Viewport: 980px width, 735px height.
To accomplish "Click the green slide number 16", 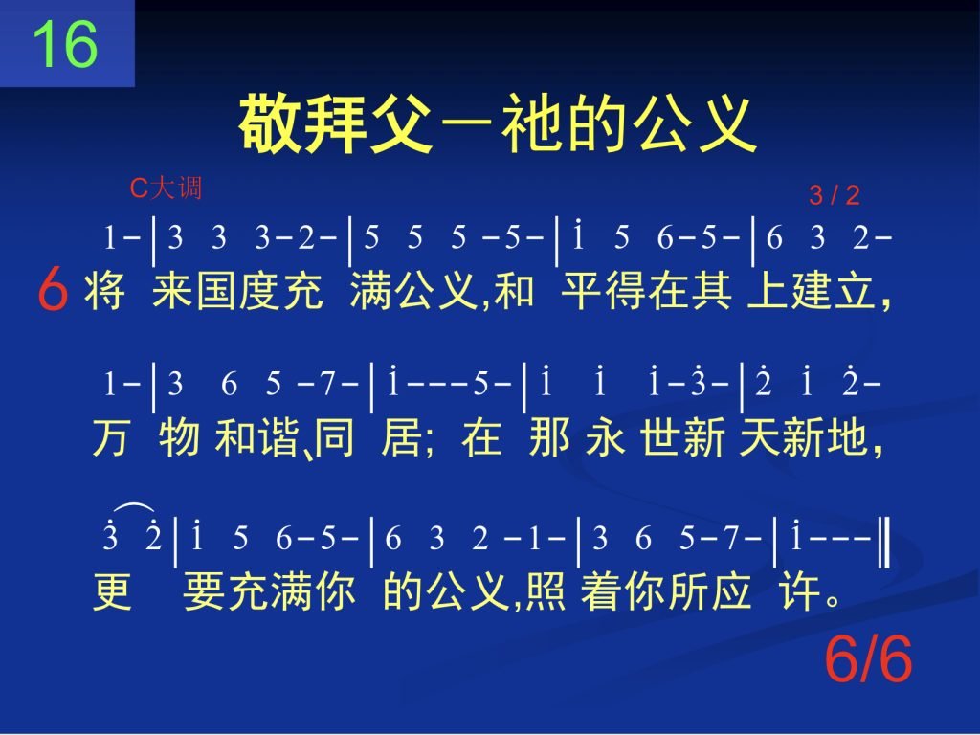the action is point(65,44).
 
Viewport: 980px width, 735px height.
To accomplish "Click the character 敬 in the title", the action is point(271,123).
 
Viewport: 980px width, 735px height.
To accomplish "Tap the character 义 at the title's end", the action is point(725,123).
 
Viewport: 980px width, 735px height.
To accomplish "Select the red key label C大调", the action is point(166,188).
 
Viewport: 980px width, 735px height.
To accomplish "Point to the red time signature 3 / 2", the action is point(835,195).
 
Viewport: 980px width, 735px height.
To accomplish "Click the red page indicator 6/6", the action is point(868,658).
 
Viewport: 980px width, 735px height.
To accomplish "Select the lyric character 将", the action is point(105,291).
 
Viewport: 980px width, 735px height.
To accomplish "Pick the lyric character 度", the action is point(259,291).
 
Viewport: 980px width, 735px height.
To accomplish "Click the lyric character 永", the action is point(606,436).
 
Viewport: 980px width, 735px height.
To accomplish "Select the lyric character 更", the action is point(113,590).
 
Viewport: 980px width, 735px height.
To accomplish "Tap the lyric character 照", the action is point(546,590).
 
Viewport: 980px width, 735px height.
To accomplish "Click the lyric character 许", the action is point(799,590).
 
